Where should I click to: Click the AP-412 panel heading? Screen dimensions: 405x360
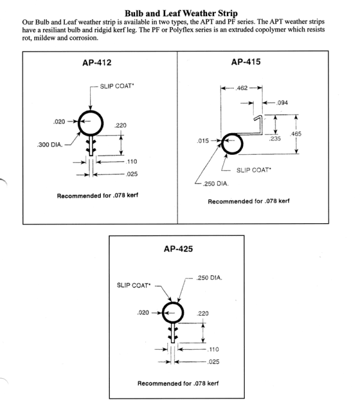coord(97,62)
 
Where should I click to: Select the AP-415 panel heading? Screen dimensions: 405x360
coord(245,62)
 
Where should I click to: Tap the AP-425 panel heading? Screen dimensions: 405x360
coord(178,248)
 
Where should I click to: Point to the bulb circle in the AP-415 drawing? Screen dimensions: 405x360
coord(232,143)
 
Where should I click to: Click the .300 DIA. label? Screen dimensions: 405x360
coord(47,145)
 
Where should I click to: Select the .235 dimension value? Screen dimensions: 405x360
coord(275,139)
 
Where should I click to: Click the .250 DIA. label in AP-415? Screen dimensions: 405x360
coord(214,183)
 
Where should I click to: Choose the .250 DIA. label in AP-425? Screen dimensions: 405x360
coord(209,277)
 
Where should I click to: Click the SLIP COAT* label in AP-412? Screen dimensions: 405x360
coord(118,85)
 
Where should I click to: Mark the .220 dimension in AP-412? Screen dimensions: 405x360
coord(121,125)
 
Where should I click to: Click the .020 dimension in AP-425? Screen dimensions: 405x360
coord(143,312)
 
